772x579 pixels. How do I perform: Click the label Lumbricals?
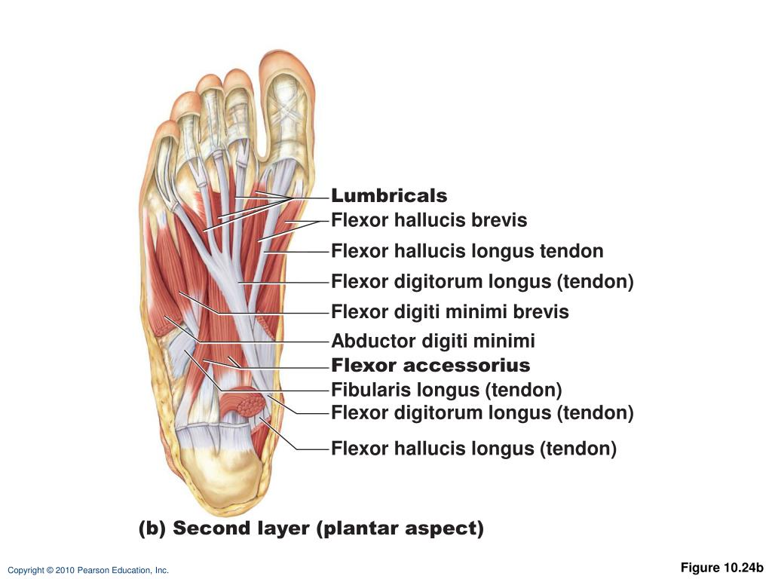point(389,196)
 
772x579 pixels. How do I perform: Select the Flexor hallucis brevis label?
point(429,221)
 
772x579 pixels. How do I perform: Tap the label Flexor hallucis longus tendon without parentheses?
point(467,251)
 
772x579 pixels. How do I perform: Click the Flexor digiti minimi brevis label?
point(450,312)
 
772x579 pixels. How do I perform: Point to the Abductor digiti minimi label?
point(433,342)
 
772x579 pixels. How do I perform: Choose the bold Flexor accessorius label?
point(430,366)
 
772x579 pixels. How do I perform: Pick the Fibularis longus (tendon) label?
point(447,390)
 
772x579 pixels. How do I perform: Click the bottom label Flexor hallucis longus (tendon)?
point(474,449)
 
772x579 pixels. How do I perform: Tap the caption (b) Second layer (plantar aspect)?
point(311,528)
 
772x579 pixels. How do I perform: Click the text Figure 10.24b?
point(722,568)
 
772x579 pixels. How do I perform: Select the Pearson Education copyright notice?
point(88,571)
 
